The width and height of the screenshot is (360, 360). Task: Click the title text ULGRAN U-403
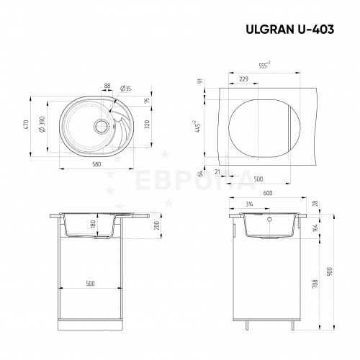coord(290,30)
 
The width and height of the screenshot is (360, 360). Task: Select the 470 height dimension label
coord(26,125)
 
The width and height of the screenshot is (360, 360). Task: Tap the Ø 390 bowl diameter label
coord(42,125)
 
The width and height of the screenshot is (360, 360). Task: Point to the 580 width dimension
coord(96,164)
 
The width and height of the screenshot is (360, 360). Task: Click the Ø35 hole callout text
coord(125,89)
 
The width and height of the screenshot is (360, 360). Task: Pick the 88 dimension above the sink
coord(107,86)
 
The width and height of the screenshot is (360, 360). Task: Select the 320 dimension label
coord(148,125)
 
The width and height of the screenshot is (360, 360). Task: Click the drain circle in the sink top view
coord(101,126)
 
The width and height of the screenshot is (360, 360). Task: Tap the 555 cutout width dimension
coord(264,66)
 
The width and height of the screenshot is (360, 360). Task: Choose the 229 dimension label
coord(243,78)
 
